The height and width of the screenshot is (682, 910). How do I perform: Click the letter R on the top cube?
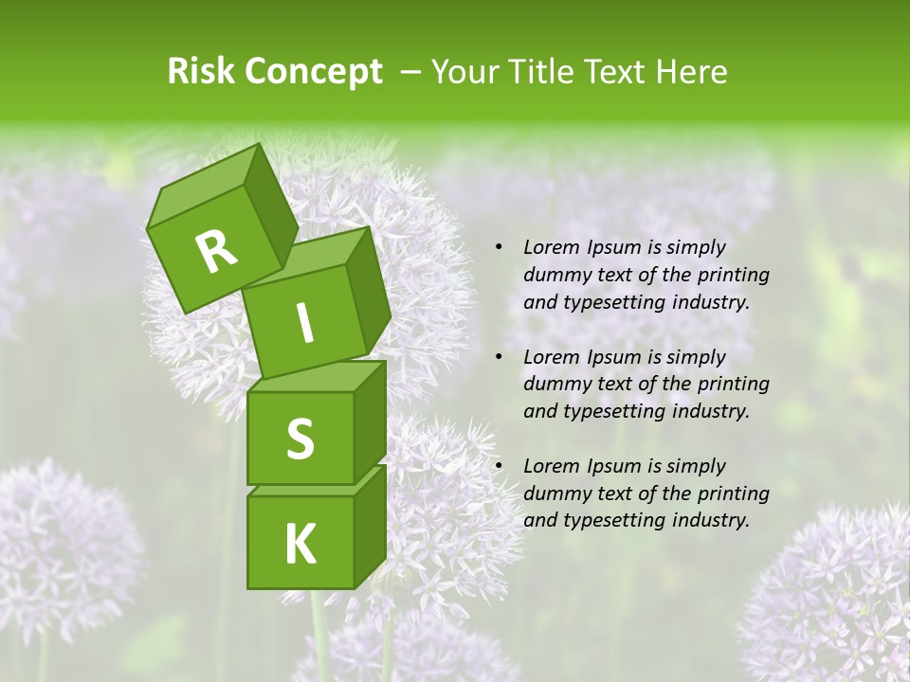coord(216,251)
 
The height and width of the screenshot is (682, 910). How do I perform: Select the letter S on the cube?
coord(300,439)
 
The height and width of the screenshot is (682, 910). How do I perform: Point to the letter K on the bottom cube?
coord(300,544)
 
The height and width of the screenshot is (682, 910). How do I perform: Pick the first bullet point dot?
coord(499,248)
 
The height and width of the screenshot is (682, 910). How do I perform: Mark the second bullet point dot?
coord(499,358)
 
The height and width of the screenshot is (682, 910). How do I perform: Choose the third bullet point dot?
coord(499,467)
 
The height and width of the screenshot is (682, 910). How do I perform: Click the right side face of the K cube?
coord(370,526)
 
